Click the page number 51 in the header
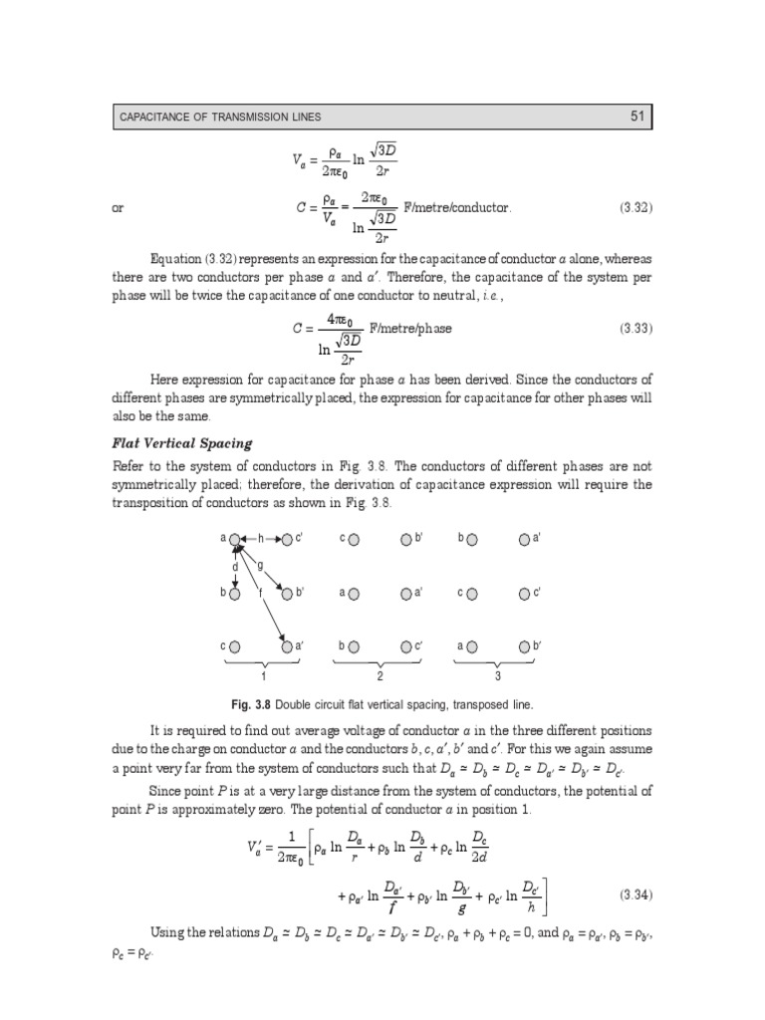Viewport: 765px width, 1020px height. [638, 118]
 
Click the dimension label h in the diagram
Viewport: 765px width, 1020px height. [261, 539]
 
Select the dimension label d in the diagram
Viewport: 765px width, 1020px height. [235, 567]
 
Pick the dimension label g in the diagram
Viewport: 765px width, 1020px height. [260, 566]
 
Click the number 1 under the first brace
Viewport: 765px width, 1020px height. [262, 676]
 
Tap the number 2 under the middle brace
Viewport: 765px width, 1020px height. [380, 676]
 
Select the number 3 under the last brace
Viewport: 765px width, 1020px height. [497, 676]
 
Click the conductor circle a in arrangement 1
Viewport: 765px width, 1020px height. [236, 539]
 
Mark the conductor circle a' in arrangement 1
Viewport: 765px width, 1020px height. [287, 646]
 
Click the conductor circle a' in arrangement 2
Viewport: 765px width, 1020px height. [405, 594]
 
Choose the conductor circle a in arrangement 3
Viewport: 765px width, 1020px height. [472, 646]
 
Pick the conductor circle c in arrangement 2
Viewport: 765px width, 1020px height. [355, 539]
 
